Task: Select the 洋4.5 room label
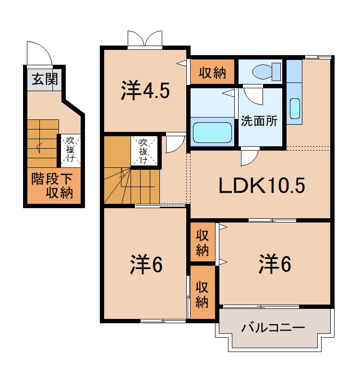(145, 91)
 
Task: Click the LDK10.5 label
(262, 186)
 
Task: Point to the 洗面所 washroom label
(259, 121)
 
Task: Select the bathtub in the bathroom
(212, 133)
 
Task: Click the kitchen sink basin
(295, 108)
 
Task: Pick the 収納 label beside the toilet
(212, 73)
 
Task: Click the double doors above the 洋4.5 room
(144, 38)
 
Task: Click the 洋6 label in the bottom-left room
(146, 265)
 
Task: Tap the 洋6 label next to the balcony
(276, 264)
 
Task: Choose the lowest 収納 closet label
(202, 294)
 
